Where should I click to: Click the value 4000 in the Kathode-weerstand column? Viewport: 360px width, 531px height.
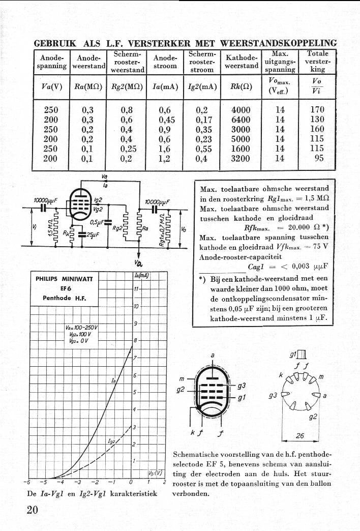(x=241, y=110)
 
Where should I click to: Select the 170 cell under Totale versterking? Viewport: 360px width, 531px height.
(x=317, y=109)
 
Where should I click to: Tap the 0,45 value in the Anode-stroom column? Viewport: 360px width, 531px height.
(x=167, y=120)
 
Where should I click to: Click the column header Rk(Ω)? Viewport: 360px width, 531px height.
(x=241, y=86)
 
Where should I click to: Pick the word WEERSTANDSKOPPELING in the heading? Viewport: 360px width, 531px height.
(x=278, y=43)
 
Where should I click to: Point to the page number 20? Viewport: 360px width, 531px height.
(x=33, y=510)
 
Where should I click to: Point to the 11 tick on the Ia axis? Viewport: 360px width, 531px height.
(x=136, y=289)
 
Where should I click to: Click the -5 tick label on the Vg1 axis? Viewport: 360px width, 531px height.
(x=43, y=482)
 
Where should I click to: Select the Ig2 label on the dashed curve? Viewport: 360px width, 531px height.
(x=111, y=441)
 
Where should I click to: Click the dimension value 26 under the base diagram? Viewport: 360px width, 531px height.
(x=300, y=436)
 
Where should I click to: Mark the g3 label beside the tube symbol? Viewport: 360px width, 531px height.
(x=242, y=386)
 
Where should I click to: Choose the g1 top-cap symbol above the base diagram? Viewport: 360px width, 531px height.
(x=303, y=355)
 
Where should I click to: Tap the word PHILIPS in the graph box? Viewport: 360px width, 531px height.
(x=46, y=279)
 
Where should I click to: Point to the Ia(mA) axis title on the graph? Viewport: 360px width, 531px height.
(x=141, y=276)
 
